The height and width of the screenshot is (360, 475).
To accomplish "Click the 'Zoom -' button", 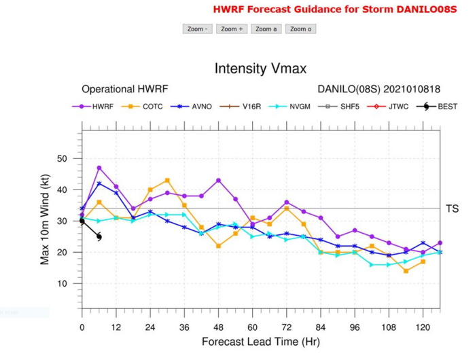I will coord(197,29).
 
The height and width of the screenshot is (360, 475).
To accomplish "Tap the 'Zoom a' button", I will coord(266,29).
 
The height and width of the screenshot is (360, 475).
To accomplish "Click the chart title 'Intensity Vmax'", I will coord(260,69).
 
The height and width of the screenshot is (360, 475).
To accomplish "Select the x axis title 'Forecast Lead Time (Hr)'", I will coord(260,342).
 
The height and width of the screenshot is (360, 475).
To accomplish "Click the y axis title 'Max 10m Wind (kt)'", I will coord(46,220).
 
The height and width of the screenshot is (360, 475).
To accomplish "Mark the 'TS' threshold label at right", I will coord(452,209).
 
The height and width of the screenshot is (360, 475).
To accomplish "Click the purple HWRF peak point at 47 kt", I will coord(99,168).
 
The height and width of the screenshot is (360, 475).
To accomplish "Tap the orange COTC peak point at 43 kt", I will coord(167,181).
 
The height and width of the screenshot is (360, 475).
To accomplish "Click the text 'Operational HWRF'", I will coord(124,89).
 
